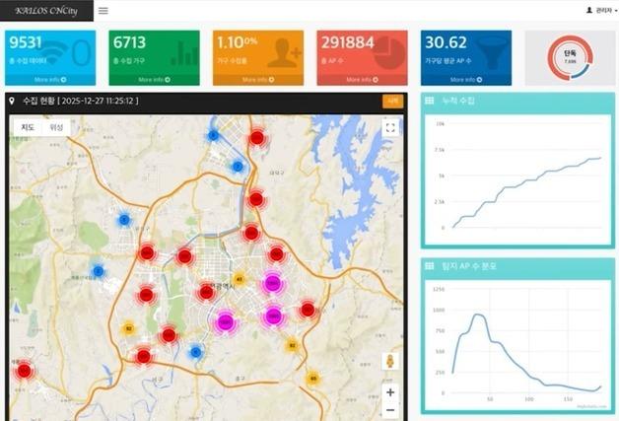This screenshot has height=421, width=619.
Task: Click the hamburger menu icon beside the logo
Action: (103, 11)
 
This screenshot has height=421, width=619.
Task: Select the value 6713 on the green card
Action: (129, 42)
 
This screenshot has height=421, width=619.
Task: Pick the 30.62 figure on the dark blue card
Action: (445, 42)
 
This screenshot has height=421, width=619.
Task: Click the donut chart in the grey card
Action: (569, 57)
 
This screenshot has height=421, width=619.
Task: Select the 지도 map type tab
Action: (30, 126)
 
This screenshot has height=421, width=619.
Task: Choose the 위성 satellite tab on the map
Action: (57, 126)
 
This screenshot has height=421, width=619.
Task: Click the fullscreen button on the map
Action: (390, 127)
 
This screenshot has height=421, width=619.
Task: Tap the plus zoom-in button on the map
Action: (390, 391)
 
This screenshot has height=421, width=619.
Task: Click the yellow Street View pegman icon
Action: (390, 361)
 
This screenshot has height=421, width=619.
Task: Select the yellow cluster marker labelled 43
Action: (239, 279)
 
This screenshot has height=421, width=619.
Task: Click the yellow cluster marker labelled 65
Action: (313, 378)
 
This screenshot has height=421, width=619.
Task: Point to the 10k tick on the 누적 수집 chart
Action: (441, 124)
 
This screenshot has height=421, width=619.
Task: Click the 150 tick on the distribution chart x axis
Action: (568, 399)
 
